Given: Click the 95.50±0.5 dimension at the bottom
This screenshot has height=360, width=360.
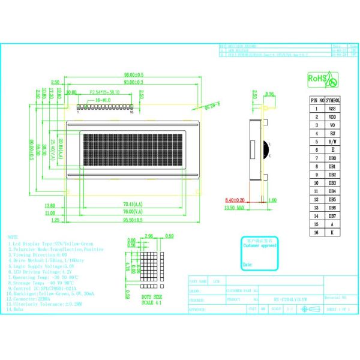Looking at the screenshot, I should [133, 220].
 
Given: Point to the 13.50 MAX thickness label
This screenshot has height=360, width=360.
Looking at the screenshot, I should [236, 208].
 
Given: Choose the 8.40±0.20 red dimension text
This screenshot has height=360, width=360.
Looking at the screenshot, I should [236, 200].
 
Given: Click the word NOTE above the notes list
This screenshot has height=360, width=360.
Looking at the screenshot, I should [13, 237].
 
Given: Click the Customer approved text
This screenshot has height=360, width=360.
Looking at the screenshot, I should [260, 245].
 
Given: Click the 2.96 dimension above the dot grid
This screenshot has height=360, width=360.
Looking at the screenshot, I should [150, 236].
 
